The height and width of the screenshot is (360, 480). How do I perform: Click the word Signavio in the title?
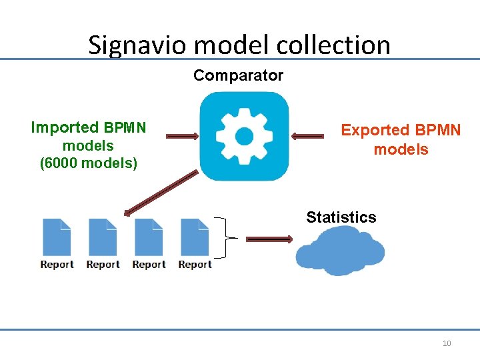click(x=138, y=45)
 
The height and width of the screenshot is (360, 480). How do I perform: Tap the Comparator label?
click(x=238, y=75)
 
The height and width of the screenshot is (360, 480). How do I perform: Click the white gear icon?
click(x=244, y=137)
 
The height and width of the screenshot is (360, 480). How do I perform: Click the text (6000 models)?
click(x=88, y=163)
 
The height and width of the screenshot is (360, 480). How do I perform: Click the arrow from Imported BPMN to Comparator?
click(x=182, y=137)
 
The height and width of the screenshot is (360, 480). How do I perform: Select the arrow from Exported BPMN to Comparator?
click(x=307, y=137)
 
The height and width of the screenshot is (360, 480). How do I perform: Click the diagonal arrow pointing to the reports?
click(x=160, y=193)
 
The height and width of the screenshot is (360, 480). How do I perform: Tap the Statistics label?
click(x=341, y=217)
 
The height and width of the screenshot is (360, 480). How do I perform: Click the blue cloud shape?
click(x=340, y=251)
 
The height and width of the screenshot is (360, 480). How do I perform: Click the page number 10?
click(x=447, y=343)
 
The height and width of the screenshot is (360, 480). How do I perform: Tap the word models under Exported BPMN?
click(x=401, y=149)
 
